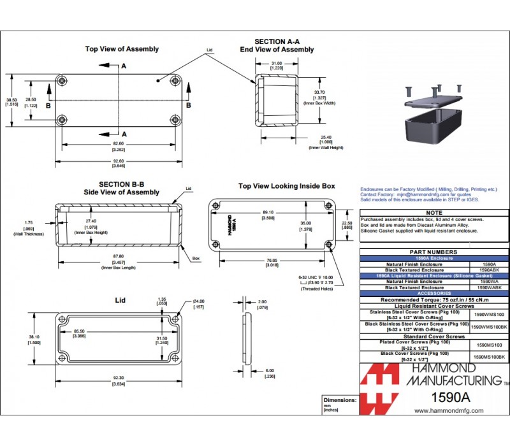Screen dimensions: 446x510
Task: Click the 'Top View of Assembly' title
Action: [x=122, y=49]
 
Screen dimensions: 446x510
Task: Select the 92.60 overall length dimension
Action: [x=118, y=160]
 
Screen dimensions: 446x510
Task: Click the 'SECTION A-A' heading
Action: [x=277, y=41]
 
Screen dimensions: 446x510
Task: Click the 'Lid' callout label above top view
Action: [x=209, y=50]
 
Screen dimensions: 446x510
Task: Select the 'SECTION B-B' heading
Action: [x=121, y=184]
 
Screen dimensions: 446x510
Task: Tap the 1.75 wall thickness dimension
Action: [x=29, y=222]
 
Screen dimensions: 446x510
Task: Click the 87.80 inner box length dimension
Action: [x=118, y=257]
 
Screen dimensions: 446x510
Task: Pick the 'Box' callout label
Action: [x=196, y=259]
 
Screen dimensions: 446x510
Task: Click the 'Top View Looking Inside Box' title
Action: [x=286, y=186]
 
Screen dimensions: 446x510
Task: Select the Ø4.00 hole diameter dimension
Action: [x=198, y=301]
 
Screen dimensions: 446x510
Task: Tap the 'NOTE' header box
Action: [x=433, y=213]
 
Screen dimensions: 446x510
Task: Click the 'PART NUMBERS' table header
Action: [x=433, y=252]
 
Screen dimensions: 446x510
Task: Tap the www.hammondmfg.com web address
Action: [x=449, y=411]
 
